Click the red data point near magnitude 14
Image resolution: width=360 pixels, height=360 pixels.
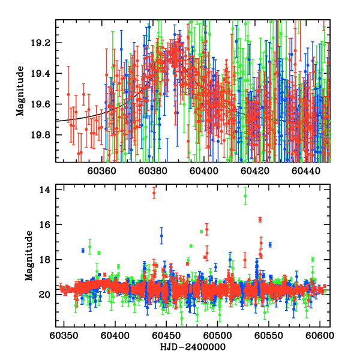154,193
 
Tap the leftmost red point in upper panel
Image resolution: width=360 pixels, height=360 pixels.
68,94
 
